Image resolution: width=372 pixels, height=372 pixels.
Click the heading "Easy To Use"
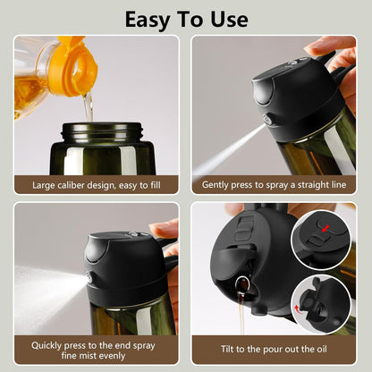coord(185,18)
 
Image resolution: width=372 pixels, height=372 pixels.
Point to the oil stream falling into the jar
coord(89,106)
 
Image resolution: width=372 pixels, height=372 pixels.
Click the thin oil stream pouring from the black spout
coord(242,317)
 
